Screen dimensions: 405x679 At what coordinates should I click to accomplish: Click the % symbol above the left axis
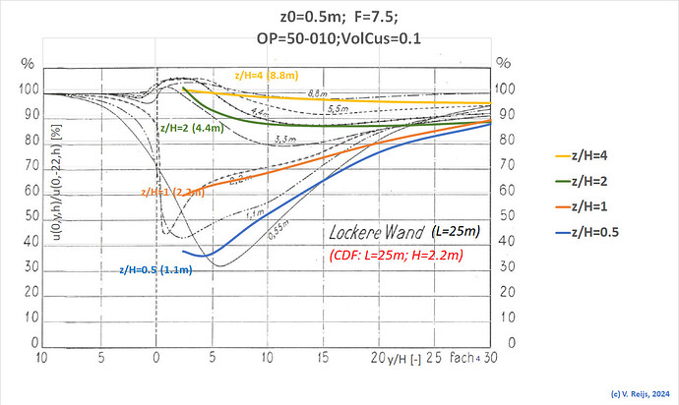[27, 65]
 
